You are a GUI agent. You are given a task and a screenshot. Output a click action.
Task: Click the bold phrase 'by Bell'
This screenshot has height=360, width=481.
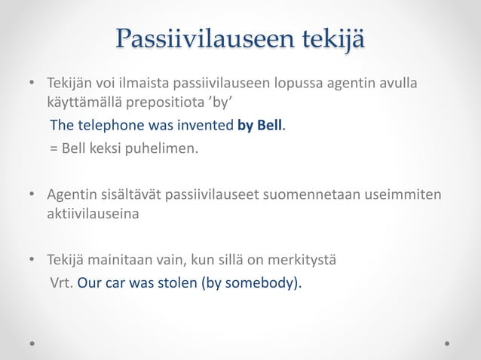pyautogui.click(x=259, y=124)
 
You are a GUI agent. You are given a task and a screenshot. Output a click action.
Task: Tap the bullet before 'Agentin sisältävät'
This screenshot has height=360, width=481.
pyautogui.click(x=32, y=196)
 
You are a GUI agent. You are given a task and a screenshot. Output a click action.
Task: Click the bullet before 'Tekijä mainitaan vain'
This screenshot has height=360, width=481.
pyautogui.click(x=32, y=261)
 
